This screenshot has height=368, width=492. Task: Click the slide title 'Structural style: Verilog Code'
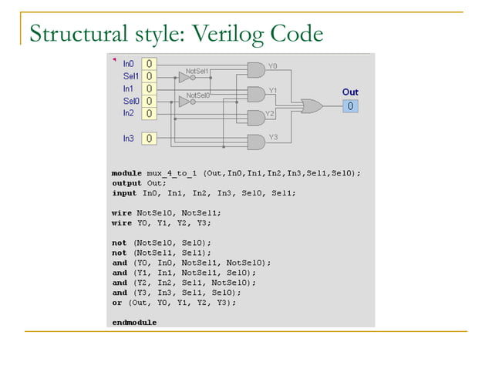[x=175, y=35]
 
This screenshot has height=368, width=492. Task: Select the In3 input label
[x=128, y=139]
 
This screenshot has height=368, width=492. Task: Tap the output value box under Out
[x=350, y=105]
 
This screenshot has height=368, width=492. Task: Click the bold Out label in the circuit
[x=350, y=92]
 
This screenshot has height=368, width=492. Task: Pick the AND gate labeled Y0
[x=255, y=70]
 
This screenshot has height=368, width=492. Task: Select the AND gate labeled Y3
[x=255, y=141]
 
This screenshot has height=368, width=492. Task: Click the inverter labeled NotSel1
[x=185, y=77]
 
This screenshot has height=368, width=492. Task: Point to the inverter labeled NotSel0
[x=185, y=101]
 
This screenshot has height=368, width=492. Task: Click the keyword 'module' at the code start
[x=126, y=173]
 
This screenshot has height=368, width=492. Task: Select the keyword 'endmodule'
[x=134, y=323]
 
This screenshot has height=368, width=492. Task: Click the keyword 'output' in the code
[x=126, y=183]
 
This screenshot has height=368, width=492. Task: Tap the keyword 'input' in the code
[x=124, y=193]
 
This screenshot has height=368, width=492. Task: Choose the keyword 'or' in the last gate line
[x=116, y=303]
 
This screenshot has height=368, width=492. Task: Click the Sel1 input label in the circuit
[x=130, y=76]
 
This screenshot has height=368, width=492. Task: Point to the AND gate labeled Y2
[x=255, y=118]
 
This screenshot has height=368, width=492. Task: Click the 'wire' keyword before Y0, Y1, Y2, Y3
[x=122, y=222]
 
